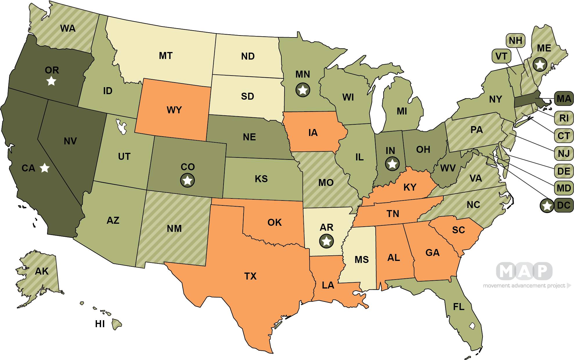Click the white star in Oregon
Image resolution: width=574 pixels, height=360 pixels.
[x=51, y=81]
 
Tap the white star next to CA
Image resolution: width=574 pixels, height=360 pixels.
[x=44, y=168]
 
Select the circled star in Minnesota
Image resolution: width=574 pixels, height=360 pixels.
[x=303, y=90]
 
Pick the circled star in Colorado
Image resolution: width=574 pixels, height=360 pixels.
[x=187, y=180]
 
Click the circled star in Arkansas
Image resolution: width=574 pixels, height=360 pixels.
[x=326, y=241]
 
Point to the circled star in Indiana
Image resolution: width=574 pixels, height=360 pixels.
[x=392, y=164]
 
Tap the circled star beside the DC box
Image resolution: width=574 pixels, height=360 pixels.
[x=547, y=206]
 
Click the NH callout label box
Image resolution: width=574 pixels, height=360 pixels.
[x=515, y=41]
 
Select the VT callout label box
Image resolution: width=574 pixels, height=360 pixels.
[x=501, y=56]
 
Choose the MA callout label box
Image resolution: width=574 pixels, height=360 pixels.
[x=564, y=99]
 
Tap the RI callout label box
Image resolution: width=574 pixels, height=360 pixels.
[x=564, y=118]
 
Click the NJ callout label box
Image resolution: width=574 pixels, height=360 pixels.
[x=564, y=153]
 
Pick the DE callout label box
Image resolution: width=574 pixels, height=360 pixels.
[x=564, y=171]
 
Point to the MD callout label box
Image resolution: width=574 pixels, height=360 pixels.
[x=564, y=188]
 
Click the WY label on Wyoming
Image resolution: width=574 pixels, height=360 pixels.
[x=174, y=110]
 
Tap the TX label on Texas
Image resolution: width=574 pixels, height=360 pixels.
[x=250, y=276]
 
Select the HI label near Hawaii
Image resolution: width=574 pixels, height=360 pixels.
[x=100, y=324]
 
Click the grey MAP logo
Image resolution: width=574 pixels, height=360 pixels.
[x=524, y=271]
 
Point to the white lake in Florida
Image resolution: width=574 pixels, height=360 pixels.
[x=472, y=326]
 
